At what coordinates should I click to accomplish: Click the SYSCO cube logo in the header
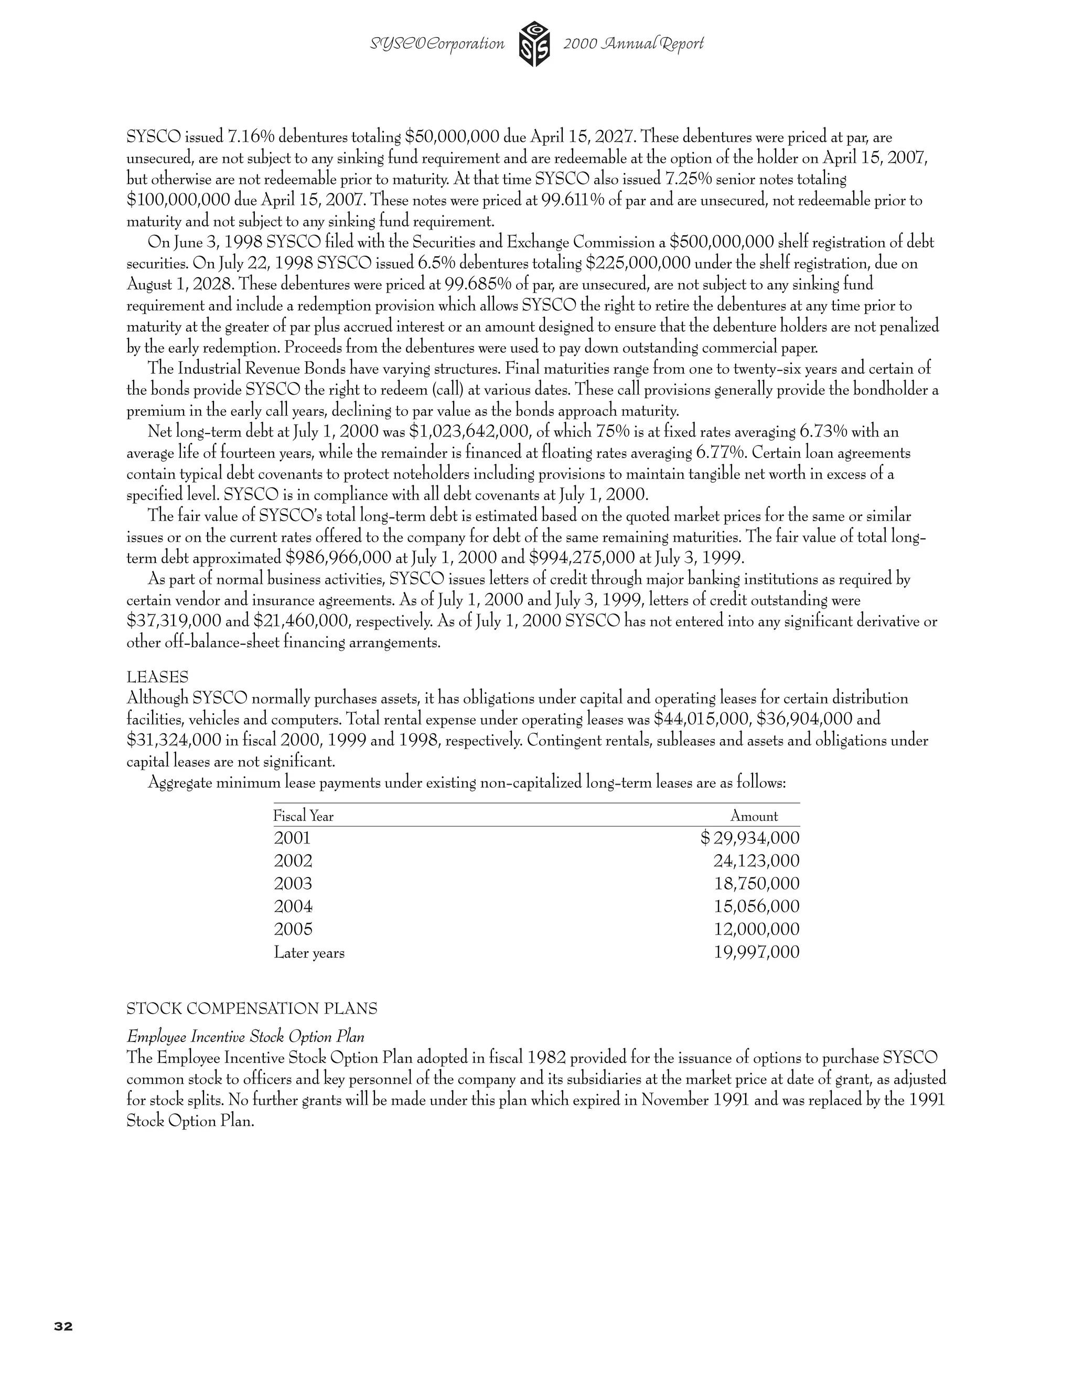[534, 44]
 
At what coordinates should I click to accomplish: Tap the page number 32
[63, 1326]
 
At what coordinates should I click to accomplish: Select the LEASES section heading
[157, 677]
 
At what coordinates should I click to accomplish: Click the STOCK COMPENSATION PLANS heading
[252, 1008]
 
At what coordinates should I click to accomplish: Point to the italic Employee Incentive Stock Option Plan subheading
[245, 1037]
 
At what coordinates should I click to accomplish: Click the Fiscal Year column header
[304, 816]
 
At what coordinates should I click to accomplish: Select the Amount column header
[754, 816]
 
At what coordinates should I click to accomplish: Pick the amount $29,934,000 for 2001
[750, 838]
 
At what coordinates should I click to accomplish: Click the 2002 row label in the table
[293, 861]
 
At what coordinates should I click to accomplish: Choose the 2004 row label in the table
[293, 906]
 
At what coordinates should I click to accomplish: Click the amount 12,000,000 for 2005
[757, 929]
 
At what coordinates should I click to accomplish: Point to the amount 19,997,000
[757, 952]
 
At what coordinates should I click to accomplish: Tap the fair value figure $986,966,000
[338, 558]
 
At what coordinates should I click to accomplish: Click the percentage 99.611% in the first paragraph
[573, 200]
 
